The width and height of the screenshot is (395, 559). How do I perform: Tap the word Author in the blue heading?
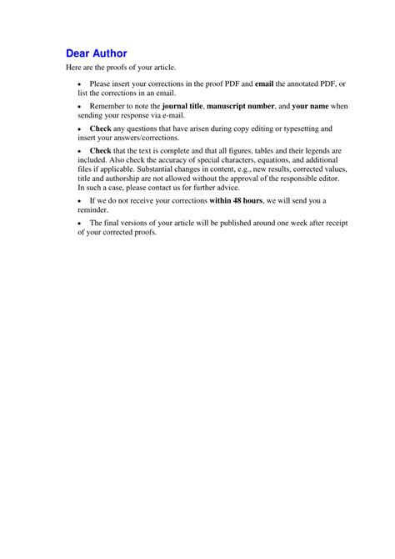[110, 53]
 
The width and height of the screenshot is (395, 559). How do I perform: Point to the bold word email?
[264, 84]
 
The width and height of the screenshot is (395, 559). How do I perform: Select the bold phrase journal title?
[176, 107]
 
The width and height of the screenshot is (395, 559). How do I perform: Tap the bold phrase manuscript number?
[241, 107]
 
